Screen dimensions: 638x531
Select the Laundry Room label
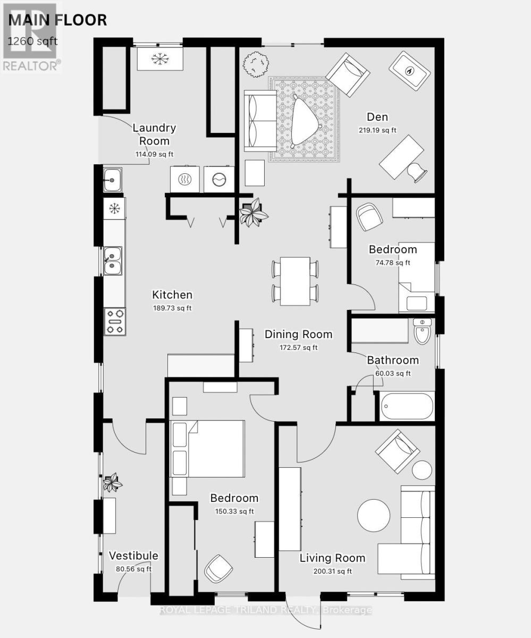tap(154, 135)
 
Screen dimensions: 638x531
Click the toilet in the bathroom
tap(423, 332)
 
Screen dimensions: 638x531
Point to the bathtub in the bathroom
tap(407, 407)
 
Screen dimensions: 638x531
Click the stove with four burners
tap(114, 322)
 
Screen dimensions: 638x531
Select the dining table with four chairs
tap(295, 281)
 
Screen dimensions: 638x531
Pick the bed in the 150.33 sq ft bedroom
tap(207, 449)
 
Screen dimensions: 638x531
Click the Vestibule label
tap(133, 556)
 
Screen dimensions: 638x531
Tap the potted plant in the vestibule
tap(113, 482)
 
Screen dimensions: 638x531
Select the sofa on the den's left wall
tap(259, 121)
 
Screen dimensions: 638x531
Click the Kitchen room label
tap(172, 295)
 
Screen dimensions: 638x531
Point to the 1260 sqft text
tap(32, 40)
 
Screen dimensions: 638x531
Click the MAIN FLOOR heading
tap(57, 20)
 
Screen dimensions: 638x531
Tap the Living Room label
tap(332, 558)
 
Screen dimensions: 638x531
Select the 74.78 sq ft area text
tap(393, 262)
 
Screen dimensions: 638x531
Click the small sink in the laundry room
tap(113, 180)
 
